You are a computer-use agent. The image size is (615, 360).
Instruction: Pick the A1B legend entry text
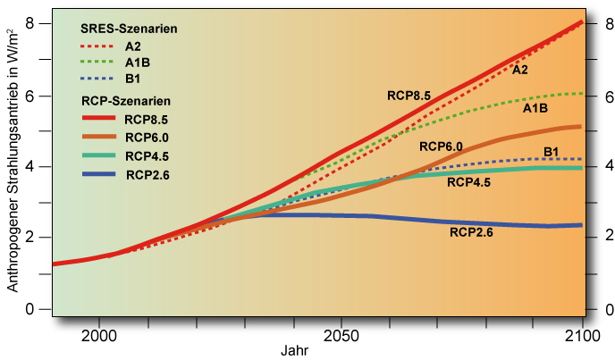137,63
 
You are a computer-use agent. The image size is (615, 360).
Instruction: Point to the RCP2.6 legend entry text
147,175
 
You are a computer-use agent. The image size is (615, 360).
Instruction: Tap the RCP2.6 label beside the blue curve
471,232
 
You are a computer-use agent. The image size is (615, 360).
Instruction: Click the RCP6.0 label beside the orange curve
441,146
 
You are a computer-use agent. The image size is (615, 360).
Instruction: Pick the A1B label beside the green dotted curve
535,108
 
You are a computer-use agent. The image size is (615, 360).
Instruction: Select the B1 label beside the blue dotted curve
552,151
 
